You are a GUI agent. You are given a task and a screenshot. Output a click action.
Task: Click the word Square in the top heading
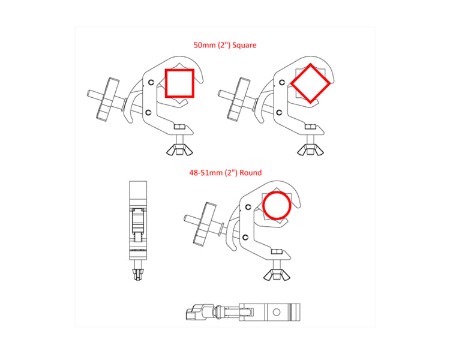point(244,45)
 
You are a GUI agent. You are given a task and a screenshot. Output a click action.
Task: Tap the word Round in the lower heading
point(251,173)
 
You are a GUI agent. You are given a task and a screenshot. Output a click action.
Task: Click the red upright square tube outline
point(166,83)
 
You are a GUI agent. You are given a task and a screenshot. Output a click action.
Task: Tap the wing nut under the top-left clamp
point(179,149)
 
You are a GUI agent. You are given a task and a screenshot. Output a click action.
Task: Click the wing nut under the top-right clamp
point(311,149)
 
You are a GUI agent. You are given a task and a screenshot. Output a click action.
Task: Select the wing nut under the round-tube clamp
point(277,274)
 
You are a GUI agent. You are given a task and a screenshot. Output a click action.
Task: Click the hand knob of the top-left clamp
point(107,100)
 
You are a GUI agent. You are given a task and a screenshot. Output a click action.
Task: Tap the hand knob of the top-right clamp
point(238,100)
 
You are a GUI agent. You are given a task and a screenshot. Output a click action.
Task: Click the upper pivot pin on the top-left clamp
point(151,82)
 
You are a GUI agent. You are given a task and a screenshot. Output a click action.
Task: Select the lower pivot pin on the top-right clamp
point(280,112)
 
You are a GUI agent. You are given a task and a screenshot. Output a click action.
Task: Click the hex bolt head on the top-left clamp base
point(180,127)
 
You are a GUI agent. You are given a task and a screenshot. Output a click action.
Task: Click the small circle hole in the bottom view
point(277,312)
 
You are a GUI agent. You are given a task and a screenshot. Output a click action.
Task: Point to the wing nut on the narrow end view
point(138,274)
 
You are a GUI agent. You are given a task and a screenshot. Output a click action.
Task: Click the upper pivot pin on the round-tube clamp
point(248,207)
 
